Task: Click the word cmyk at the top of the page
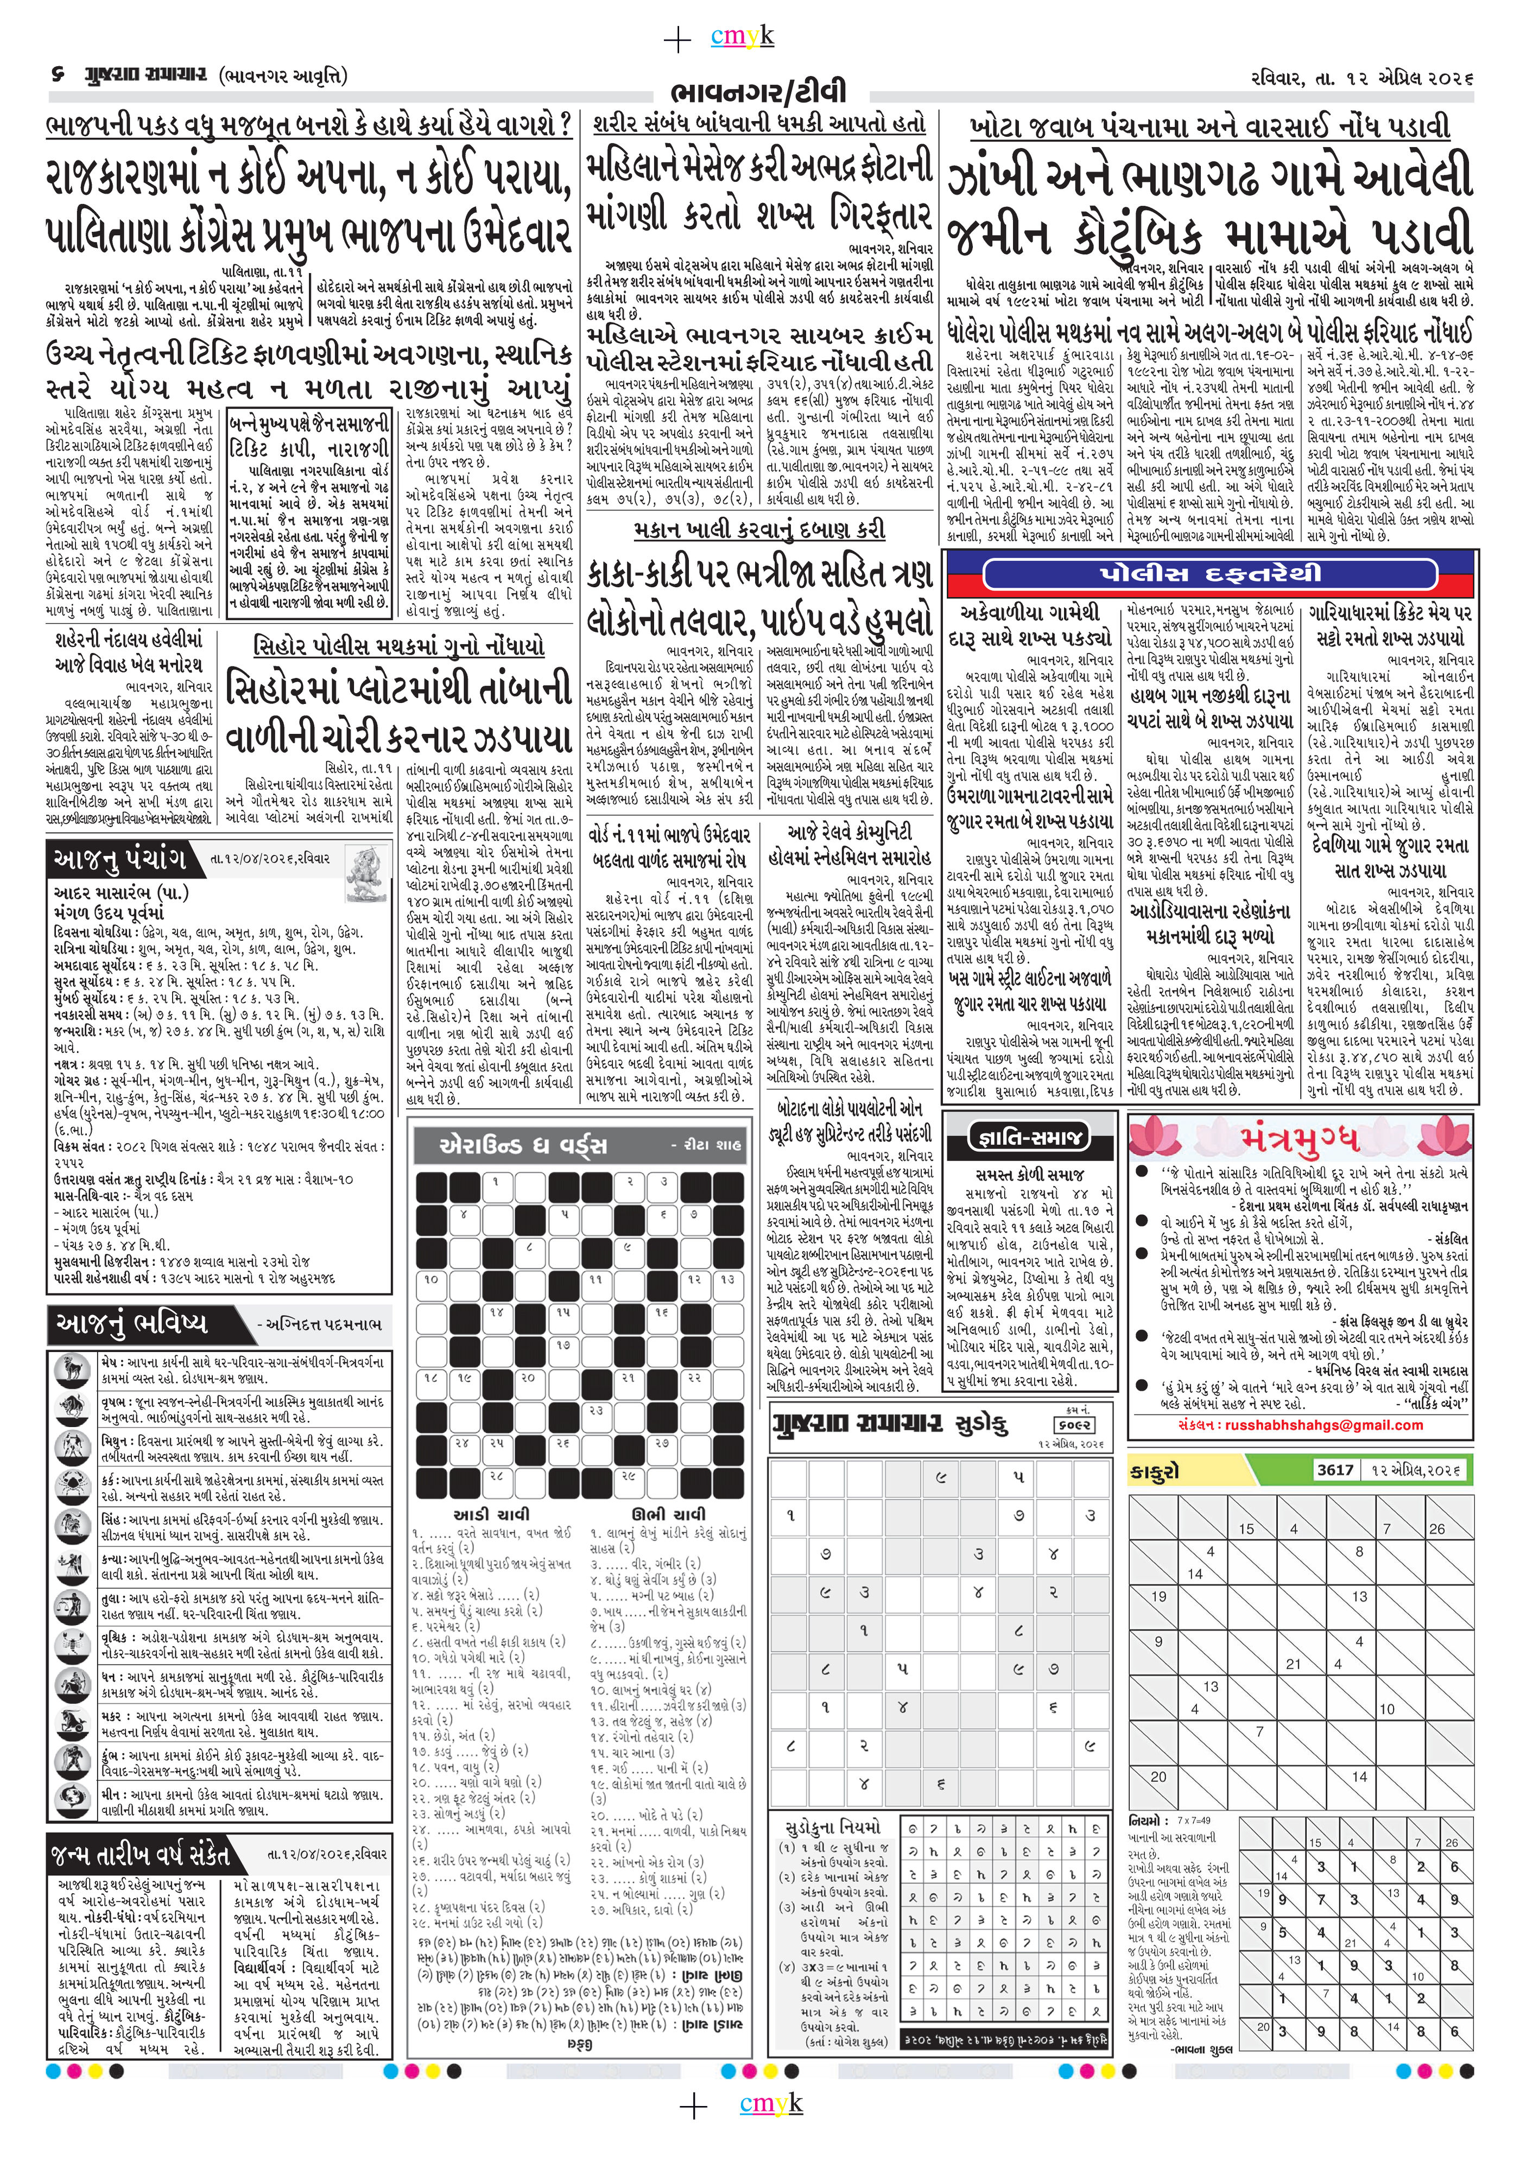[742, 37]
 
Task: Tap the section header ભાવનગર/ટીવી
[759, 93]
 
